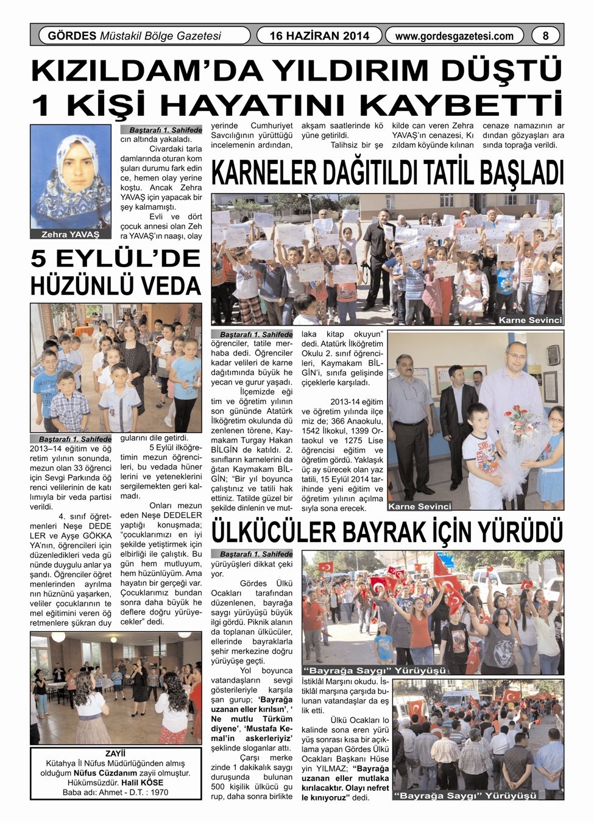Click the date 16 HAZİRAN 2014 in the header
click(319, 36)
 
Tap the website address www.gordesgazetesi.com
click(454, 36)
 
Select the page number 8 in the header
click(545, 36)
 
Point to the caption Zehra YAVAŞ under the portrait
click(71, 234)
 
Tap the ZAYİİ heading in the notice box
click(115, 754)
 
